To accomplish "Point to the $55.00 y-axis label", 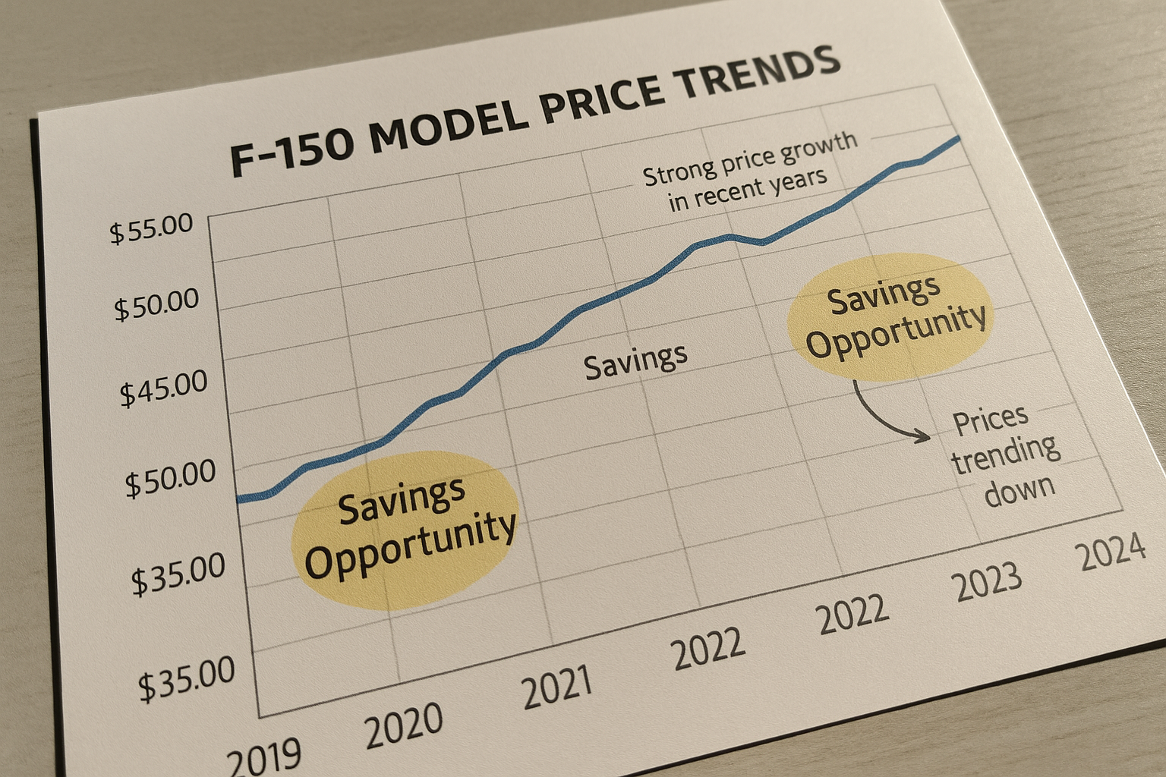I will pos(152,228).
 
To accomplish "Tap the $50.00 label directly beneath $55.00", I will pos(157,305).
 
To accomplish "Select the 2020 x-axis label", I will pos(404,725).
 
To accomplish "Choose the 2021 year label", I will pos(557,687).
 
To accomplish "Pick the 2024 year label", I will pos(1112,552).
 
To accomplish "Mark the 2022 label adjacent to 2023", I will pos(852,615).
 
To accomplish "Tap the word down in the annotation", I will pos(1019,489).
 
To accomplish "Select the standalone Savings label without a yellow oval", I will pos(635,362).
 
